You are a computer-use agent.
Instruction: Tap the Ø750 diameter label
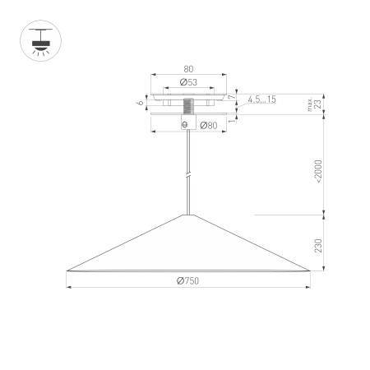pyautogui.click(x=187, y=280)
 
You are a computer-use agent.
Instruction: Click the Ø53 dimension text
pyautogui.click(x=187, y=82)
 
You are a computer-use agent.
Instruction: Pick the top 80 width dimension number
pyautogui.click(x=187, y=71)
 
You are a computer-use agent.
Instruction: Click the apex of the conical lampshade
pyautogui.click(x=189, y=215)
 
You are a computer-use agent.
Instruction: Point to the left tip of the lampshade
pyautogui.click(x=67, y=271)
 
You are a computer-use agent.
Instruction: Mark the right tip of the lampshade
pyautogui.click(x=310, y=271)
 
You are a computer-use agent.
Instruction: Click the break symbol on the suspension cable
pyautogui.click(x=189, y=175)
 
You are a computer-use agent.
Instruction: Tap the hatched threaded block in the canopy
pyautogui.click(x=188, y=106)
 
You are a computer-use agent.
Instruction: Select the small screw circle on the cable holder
pyautogui.click(x=184, y=124)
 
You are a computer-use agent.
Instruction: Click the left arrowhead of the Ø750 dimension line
pyautogui.click(x=69, y=287)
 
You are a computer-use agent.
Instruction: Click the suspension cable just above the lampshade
pyautogui.click(x=189, y=206)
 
